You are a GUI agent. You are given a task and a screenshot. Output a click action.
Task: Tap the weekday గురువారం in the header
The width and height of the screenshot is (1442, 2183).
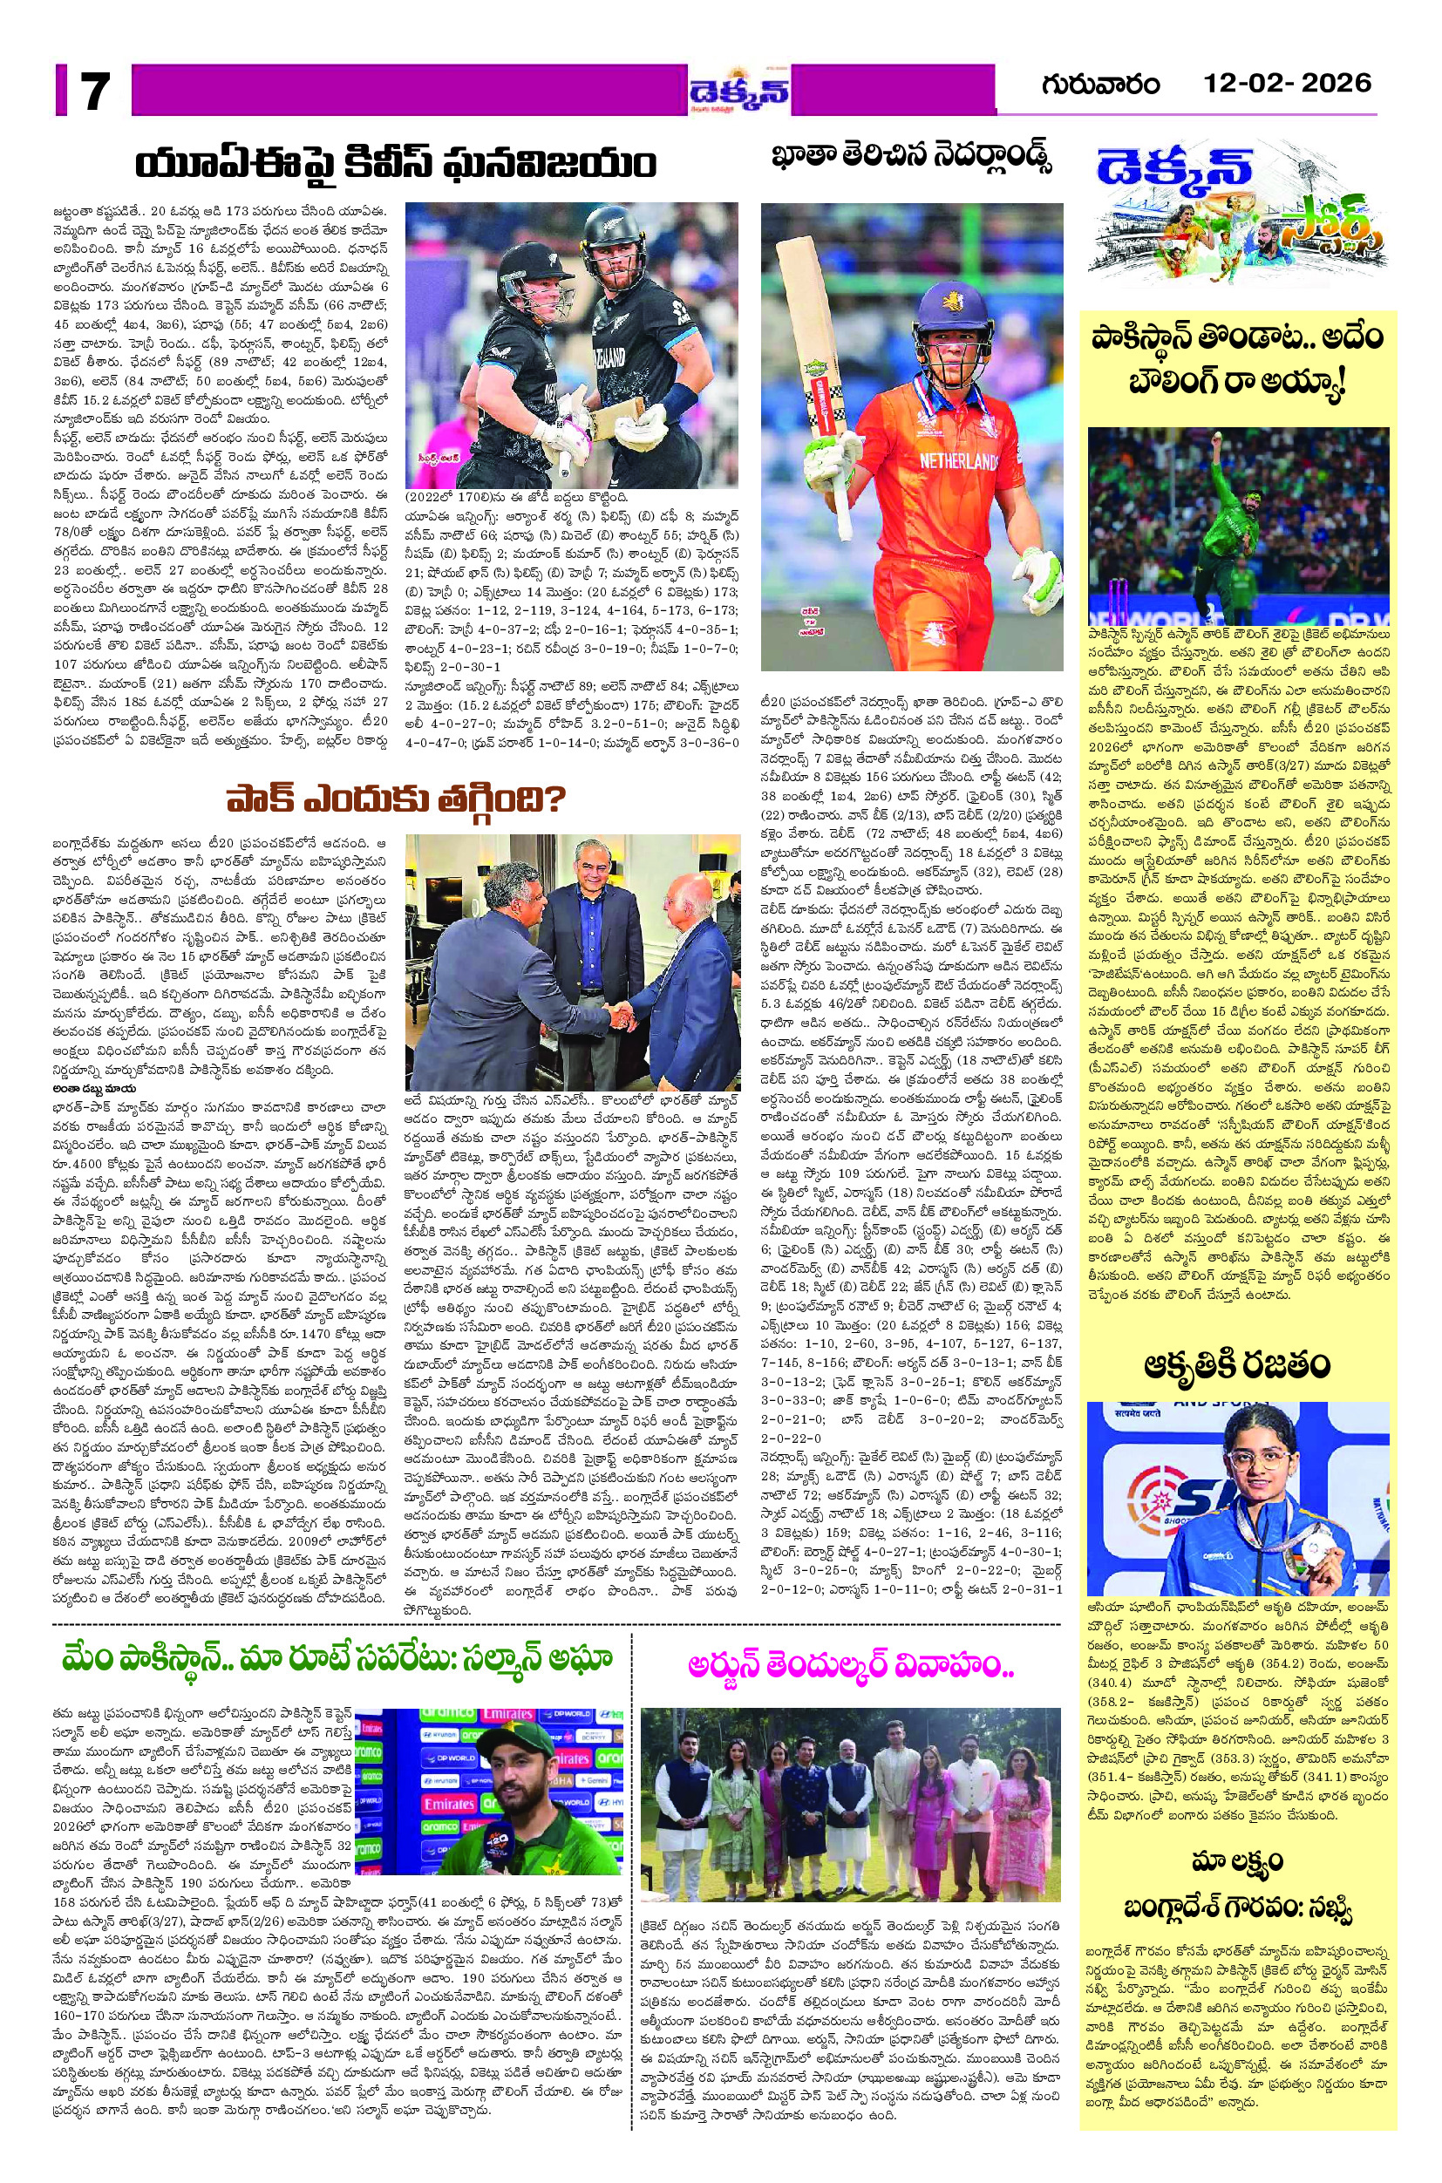(x=1100, y=85)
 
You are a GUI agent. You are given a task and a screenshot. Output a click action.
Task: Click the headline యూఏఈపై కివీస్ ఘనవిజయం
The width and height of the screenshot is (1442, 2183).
(x=396, y=167)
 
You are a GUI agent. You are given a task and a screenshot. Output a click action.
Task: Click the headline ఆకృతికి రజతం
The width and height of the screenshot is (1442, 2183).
(x=1236, y=1365)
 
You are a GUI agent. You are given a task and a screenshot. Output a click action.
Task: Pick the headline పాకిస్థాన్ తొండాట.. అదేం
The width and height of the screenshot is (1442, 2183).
(x=1236, y=337)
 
